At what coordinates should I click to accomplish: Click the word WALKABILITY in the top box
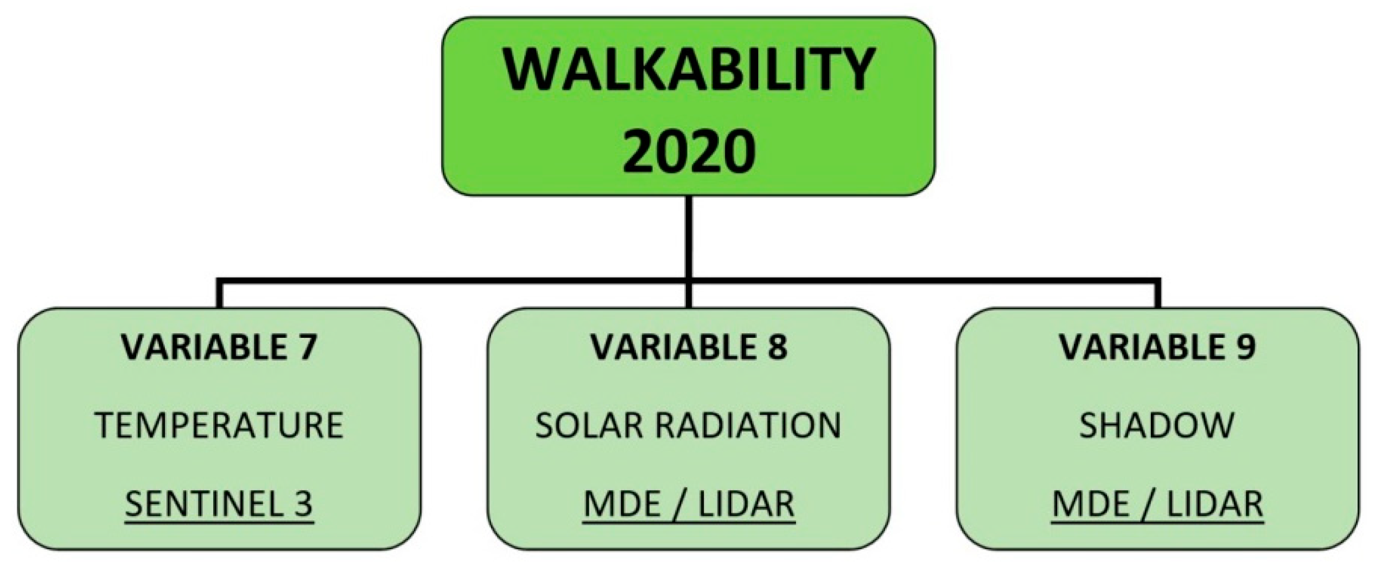[689, 71]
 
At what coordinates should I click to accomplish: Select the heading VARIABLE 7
[219, 347]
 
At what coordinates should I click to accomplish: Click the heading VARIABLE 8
[689, 347]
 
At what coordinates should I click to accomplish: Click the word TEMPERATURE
[219, 425]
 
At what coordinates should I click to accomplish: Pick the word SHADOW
[1157, 425]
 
